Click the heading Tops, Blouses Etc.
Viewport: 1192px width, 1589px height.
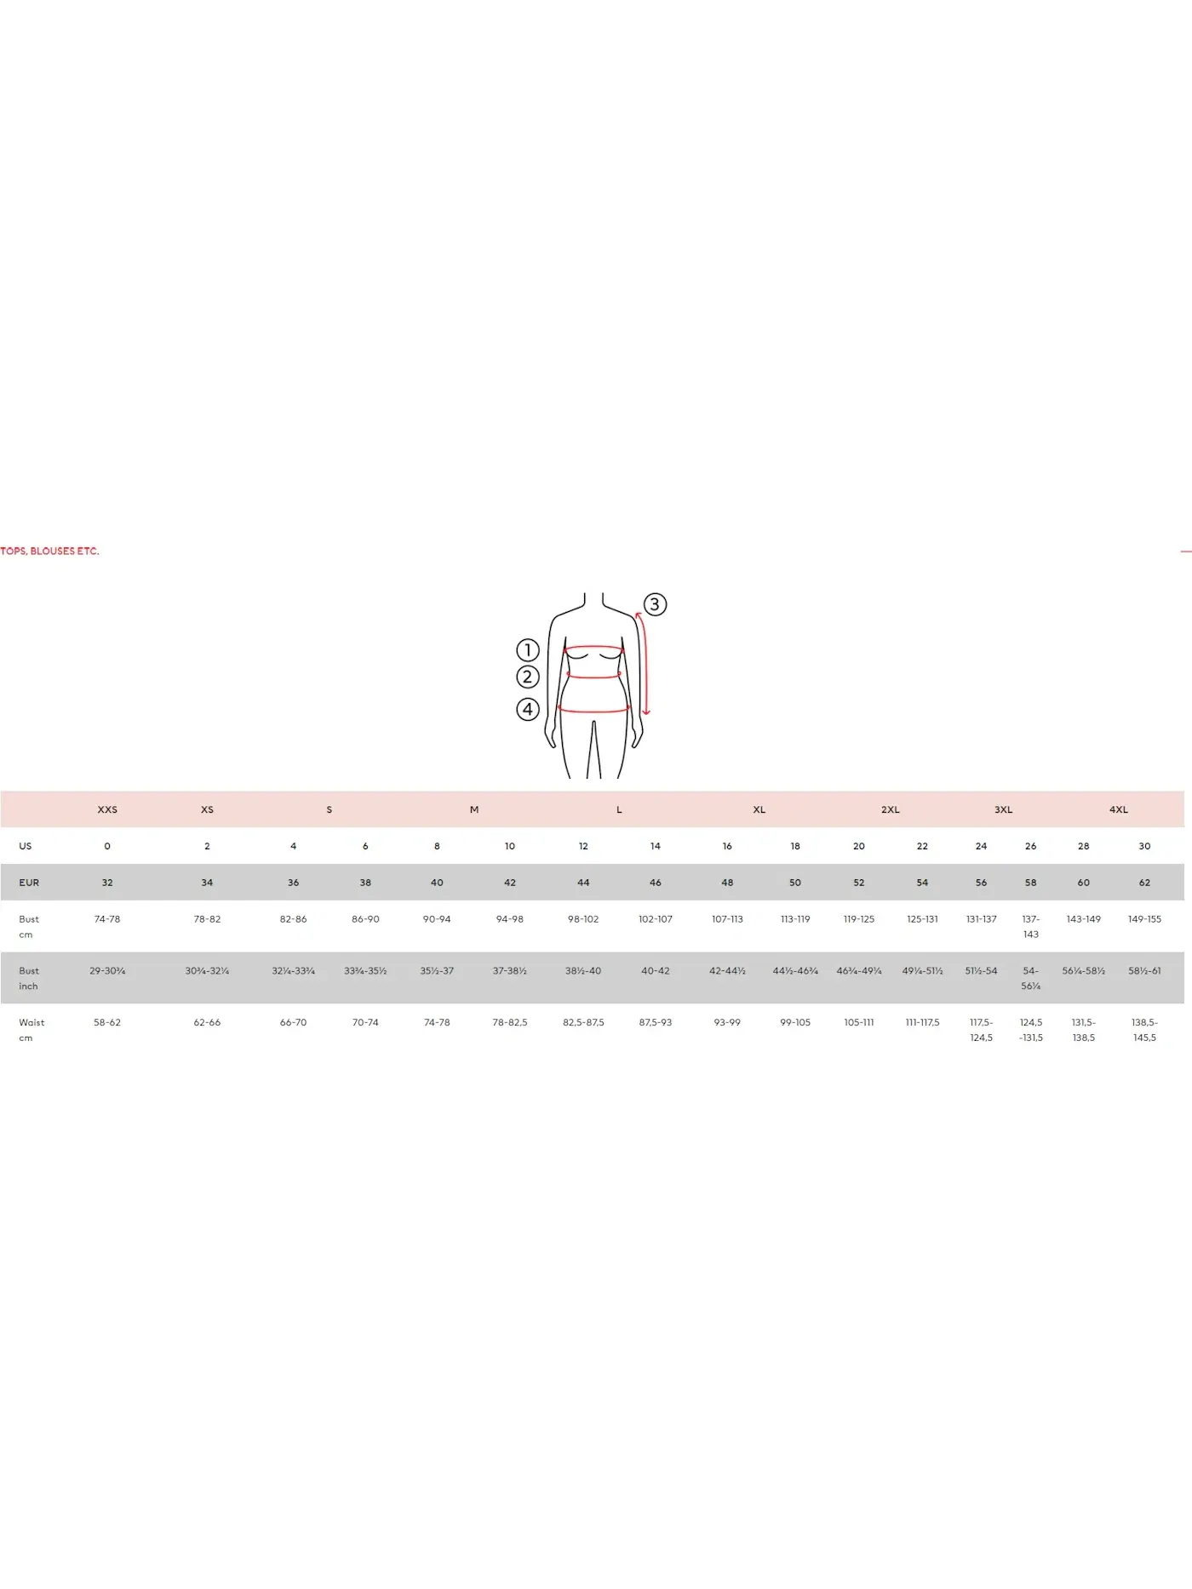click(49, 552)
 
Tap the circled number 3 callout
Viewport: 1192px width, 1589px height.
click(655, 604)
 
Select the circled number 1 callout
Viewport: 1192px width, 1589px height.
click(528, 650)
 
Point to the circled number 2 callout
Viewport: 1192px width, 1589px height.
click(528, 677)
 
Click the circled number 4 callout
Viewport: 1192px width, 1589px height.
click(528, 709)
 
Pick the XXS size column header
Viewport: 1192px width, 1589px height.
click(107, 809)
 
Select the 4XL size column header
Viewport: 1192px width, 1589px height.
click(1119, 809)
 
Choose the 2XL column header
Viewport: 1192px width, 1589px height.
click(891, 809)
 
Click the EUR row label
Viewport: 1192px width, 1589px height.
click(29, 883)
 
